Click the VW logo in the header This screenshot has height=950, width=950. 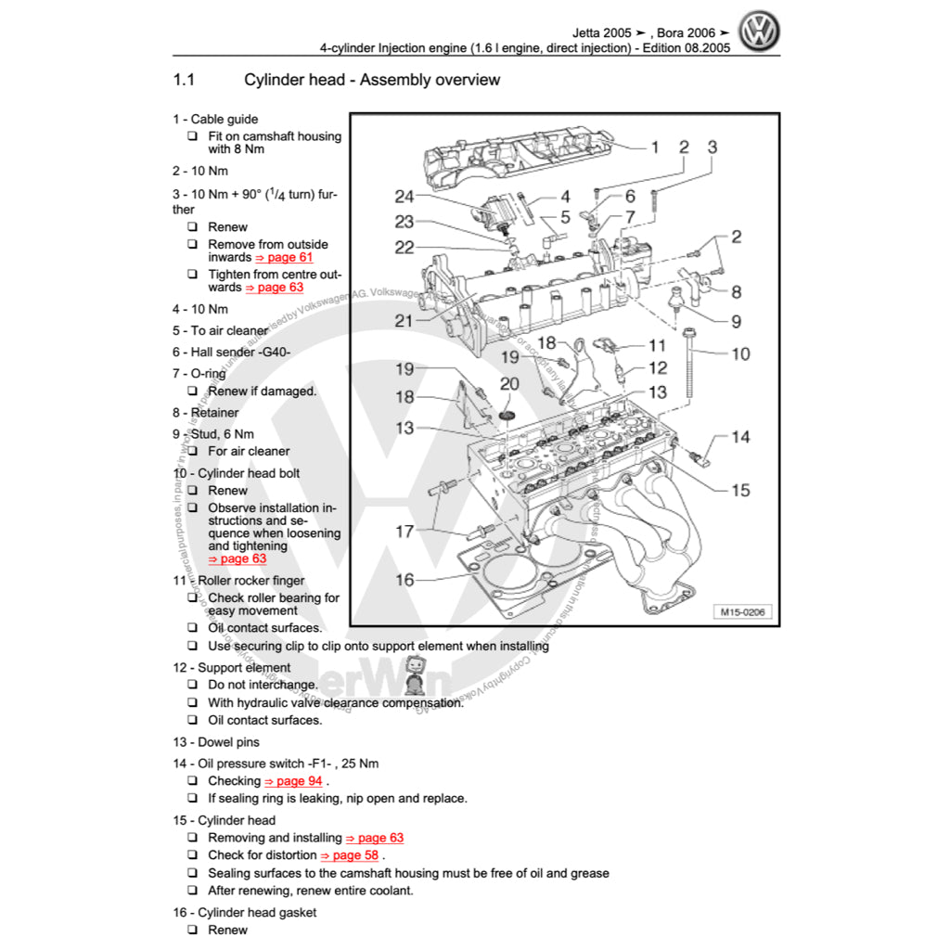tap(759, 32)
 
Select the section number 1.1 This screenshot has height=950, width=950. tap(184, 80)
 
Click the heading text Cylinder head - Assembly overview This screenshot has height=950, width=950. tap(371, 80)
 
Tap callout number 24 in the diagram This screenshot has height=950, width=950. tap(404, 197)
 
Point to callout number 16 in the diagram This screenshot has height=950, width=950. tap(404, 580)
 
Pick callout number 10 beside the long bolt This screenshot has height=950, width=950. tap(740, 353)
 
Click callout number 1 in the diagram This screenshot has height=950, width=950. tap(654, 147)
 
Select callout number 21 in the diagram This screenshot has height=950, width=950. tap(403, 321)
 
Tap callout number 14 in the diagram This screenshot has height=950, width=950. tap(740, 437)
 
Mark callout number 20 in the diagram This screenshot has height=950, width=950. tap(509, 384)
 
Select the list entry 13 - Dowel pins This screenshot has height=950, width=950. tap(216, 742)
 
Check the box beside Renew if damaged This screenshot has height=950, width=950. tap(192, 392)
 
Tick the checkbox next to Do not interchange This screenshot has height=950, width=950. tap(192, 685)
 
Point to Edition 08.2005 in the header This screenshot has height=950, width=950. tap(685, 47)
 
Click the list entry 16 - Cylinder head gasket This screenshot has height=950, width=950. tap(244, 912)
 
